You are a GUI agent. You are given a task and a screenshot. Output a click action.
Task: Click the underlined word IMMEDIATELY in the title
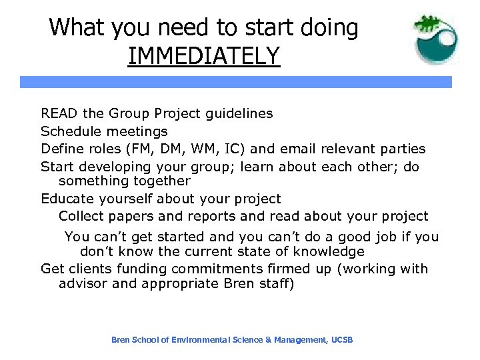tap(203, 55)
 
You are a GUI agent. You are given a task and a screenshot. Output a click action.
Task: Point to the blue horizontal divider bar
tap(235, 82)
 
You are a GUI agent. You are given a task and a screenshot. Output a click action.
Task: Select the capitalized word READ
tap(59, 113)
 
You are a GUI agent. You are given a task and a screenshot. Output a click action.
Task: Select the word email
tap(298, 149)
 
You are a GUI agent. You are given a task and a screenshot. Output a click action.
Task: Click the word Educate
tap(67, 199)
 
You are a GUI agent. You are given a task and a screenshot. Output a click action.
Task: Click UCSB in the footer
tap(341, 340)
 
